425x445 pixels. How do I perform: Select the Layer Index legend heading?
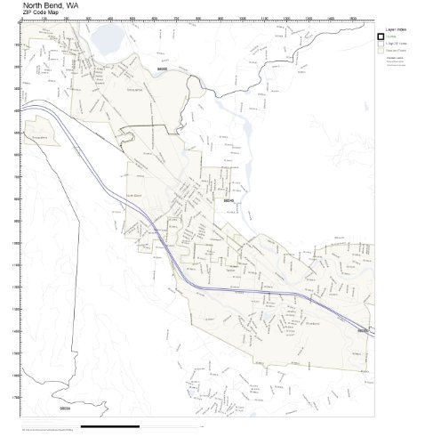click(x=397, y=26)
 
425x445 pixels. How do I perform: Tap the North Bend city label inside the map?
click(x=132, y=197)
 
